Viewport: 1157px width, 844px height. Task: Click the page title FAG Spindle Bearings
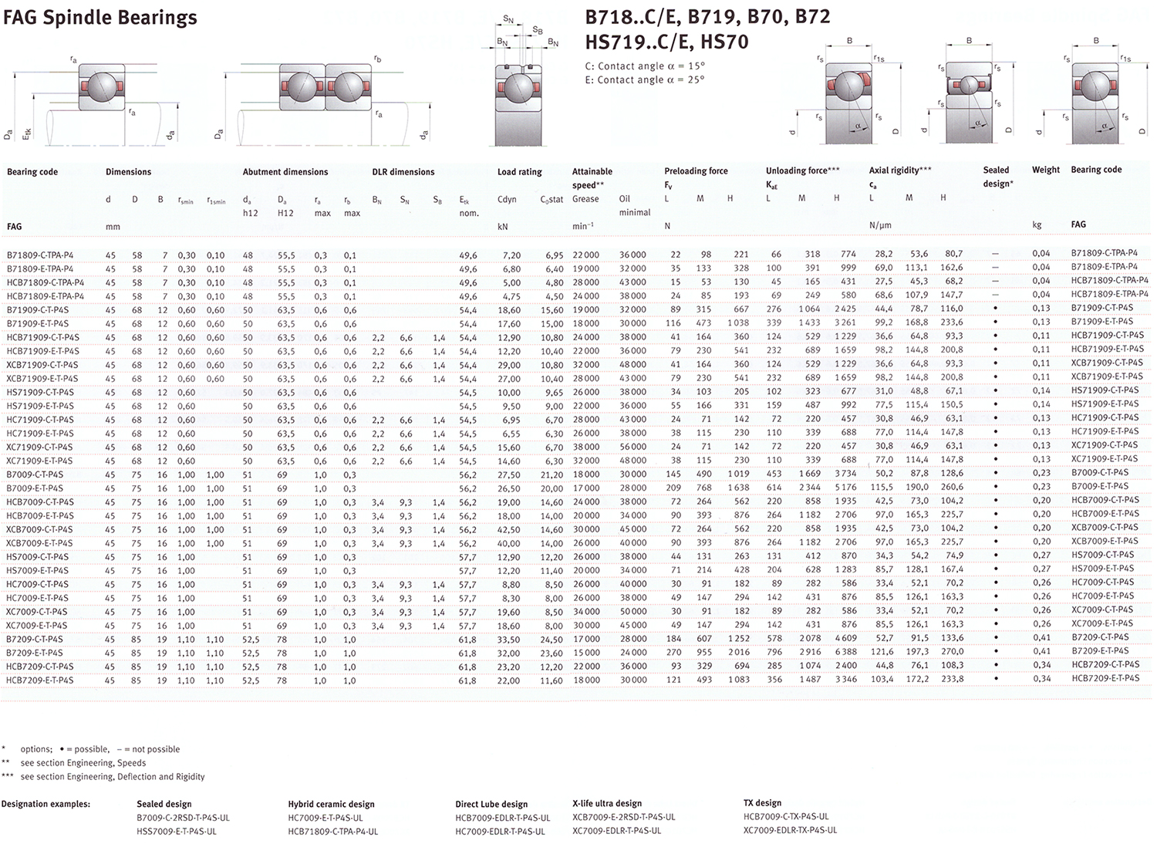click(x=100, y=17)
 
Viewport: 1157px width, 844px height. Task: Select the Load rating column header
click(x=519, y=172)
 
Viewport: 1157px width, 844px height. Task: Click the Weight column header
click(x=1045, y=170)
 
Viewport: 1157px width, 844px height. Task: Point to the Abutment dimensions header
click(x=285, y=172)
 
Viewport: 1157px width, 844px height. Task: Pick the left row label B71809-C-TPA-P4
click(x=40, y=255)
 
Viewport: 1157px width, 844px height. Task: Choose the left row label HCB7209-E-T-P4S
click(x=40, y=680)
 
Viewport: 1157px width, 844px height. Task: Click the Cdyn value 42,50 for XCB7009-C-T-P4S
click(x=508, y=530)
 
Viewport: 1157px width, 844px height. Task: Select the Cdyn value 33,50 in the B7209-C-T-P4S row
click(x=508, y=640)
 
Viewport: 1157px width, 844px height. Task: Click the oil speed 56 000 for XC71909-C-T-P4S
click(x=632, y=447)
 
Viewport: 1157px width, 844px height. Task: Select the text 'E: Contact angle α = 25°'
click(x=644, y=80)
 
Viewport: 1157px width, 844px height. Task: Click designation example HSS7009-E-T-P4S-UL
click(x=176, y=832)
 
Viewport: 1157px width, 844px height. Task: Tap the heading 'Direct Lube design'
click(x=491, y=804)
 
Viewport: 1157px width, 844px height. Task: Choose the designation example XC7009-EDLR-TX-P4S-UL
click(x=790, y=830)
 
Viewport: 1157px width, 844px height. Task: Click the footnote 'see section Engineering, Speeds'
click(x=83, y=763)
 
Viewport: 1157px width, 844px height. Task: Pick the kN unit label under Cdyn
click(x=503, y=227)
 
